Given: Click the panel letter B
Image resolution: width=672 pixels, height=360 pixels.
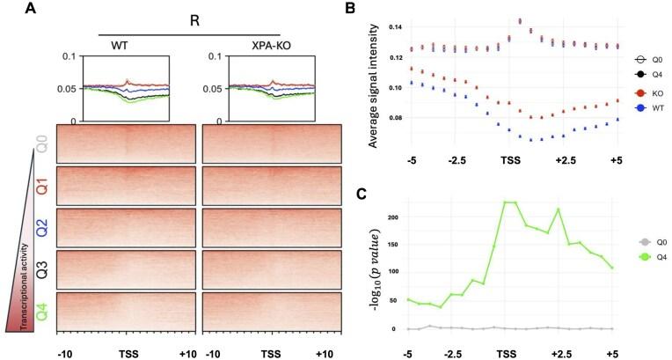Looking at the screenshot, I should pyautogui.click(x=373, y=9).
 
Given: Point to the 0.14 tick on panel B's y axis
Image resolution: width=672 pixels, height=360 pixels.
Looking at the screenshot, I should pyautogui.click(x=397, y=27).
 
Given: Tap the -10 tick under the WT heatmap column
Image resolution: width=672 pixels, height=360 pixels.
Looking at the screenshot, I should pyautogui.click(x=64, y=351).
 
